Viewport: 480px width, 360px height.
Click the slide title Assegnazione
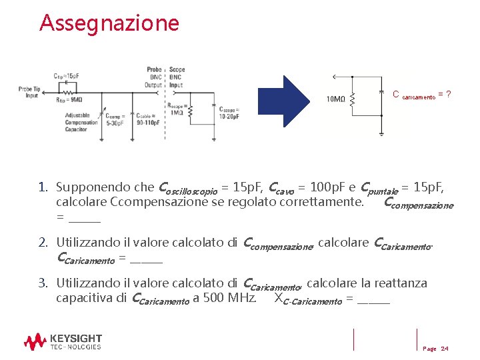click(x=109, y=23)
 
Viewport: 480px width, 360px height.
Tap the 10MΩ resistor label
click(x=335, y=100)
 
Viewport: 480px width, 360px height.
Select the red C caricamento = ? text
click(x=421, y=95)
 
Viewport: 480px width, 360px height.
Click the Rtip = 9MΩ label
click(x=69, y=99)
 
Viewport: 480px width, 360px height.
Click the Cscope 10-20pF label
click(x=229, y=113)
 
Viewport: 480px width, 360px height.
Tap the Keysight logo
click(x=63, y=342)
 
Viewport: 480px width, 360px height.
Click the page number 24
click(x=444, y=349)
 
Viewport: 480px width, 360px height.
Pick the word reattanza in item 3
click(x=398, y=283)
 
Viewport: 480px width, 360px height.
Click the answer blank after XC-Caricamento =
click(x=373, y=301)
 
